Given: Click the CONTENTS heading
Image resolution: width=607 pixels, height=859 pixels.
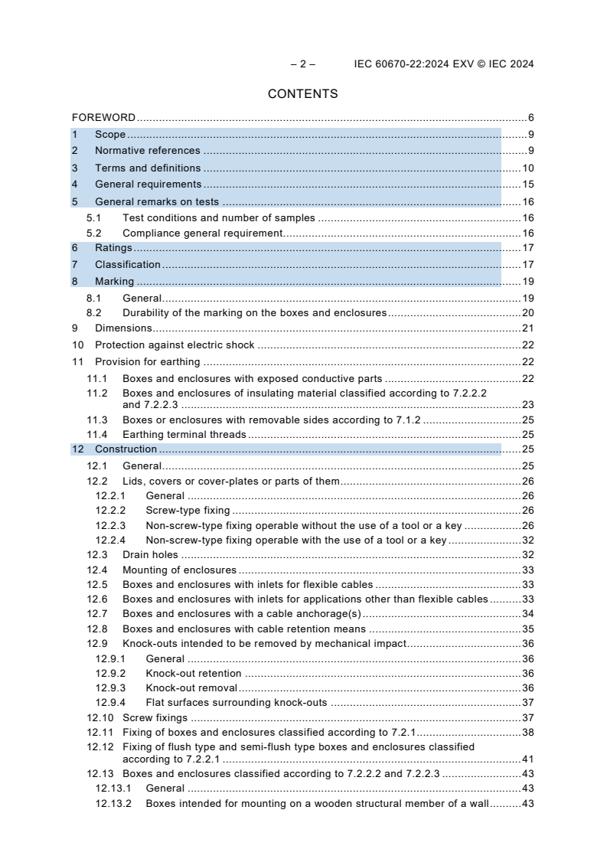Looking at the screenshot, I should coord(302,94).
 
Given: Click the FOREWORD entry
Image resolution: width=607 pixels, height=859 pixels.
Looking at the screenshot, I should coord(103,118).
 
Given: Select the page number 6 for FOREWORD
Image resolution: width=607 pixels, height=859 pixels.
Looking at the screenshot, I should coord(530,118).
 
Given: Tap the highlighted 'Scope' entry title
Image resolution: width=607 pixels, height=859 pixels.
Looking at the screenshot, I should coord(110,135).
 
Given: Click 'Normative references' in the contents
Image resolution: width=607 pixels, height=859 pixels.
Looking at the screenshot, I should coord(147,151).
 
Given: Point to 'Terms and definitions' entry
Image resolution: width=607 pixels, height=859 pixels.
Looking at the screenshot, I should coord(148,168).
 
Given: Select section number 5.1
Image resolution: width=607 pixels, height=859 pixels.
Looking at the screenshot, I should coord(93,218).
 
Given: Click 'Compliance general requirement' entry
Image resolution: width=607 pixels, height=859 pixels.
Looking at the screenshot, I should coord(203,233).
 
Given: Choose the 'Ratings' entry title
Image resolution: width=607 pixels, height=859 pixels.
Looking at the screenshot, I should coord(113,248).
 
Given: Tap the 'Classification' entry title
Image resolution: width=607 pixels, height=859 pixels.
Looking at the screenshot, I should coord(128,265).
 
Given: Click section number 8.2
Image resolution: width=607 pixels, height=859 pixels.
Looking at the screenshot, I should coord(93,312).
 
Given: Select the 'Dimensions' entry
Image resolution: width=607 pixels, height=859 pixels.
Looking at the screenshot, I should coord(123,328).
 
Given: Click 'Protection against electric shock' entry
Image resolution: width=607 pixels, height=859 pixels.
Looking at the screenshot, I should coord(175,345).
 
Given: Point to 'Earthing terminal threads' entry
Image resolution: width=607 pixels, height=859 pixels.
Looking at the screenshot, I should coord(184,434).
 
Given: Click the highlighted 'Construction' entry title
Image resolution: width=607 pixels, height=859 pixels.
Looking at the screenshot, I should coord(126,449).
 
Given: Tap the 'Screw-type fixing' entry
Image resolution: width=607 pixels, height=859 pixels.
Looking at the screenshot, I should coord(188,510).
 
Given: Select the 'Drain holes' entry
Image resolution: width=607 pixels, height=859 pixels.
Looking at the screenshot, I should coord(150,554).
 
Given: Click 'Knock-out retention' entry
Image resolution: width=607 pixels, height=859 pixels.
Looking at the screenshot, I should coord(194,673).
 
